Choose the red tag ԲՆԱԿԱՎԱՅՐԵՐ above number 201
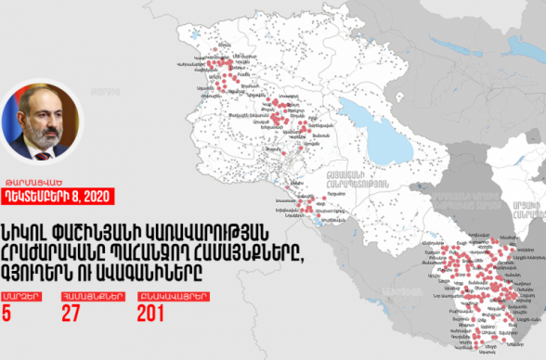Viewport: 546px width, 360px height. [158, 296]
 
